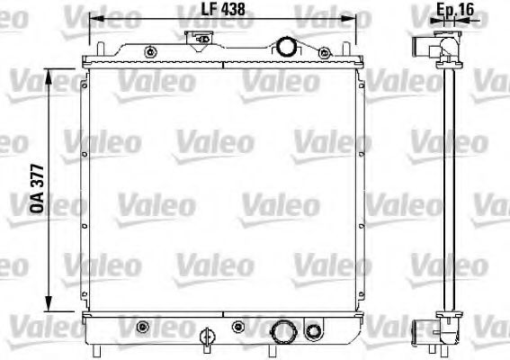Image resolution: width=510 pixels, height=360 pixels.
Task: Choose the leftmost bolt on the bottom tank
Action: click(141, 323)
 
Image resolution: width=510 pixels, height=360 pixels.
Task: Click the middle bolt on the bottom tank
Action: click(241, 323)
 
